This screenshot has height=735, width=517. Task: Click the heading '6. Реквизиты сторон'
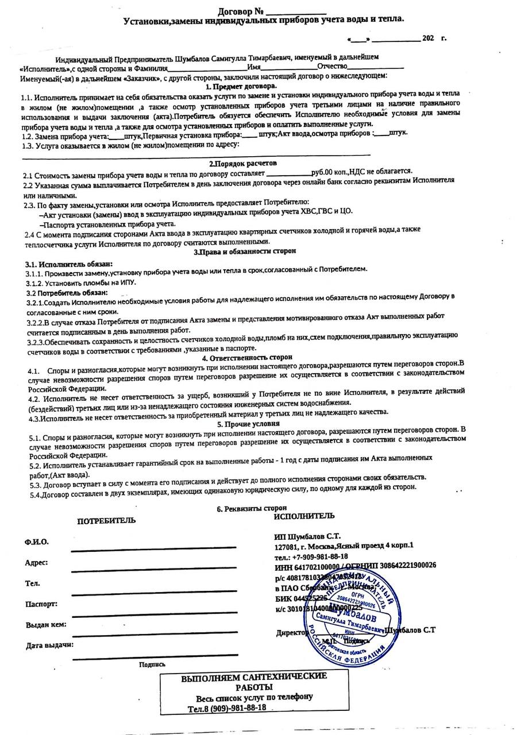pos(252,509)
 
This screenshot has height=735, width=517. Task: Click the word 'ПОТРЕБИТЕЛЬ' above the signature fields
pos(107,521)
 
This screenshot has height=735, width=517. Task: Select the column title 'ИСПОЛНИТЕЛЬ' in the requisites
pos(304,516)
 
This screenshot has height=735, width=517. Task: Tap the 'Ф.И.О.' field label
pos(37,542)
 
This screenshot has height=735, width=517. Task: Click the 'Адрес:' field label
pos(36,563)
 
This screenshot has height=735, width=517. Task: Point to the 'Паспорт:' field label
pos(41,604)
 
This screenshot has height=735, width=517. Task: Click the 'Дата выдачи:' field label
pos(49,645)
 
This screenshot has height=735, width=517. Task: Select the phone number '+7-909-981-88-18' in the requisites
pos(320,556)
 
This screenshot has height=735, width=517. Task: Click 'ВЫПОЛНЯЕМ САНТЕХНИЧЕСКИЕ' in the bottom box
pos(254,677)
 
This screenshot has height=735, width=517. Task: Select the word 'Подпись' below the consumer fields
pos(152,664)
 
